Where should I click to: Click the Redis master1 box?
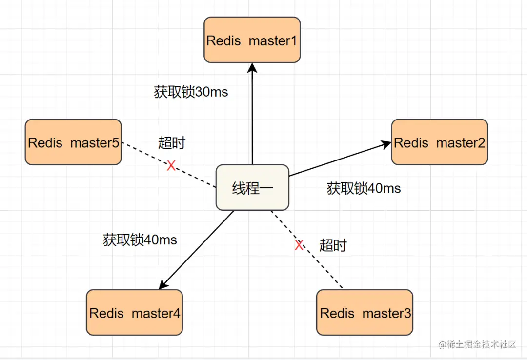point(252,40)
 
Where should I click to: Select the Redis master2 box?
point(439,142)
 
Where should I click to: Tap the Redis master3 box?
point(365,313)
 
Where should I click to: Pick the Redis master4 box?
point(134,313)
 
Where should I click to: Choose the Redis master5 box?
point(73,142)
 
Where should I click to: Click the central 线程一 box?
point(252,188)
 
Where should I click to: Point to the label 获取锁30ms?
point(191,92)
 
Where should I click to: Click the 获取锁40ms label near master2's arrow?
point(364,188)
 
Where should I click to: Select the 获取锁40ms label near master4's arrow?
point(140,240)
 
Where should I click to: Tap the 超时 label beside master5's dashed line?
point(172,143)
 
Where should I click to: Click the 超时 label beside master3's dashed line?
point(333,245)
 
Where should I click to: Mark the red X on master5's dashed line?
point(171,166)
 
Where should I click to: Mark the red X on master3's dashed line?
point(299,245)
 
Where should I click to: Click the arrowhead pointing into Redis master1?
point(252,68)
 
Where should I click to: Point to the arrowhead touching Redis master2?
point(387,143)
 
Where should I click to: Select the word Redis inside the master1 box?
point(223,40)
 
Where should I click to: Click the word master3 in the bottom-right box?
point(386,313)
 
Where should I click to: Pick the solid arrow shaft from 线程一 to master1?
point(252,117)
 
